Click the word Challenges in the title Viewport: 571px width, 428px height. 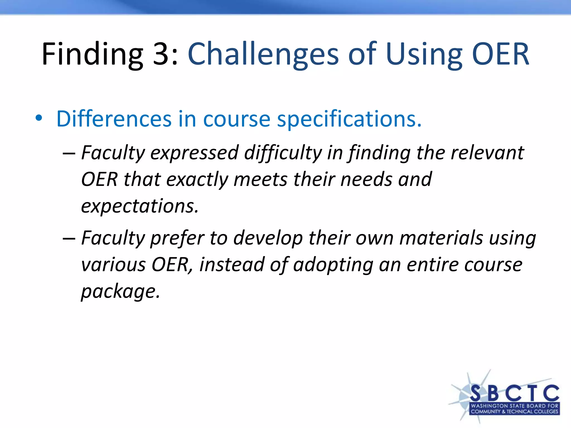pyautogui.click(x=263, y=54)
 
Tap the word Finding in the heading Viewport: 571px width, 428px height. pyautogui.click(x=92, y=54)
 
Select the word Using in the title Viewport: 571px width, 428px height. pyautogui.click(x=424, y=54)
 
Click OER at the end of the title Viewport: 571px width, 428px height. pyautogui.click(x=500, y=54)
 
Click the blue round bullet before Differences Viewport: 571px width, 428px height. pyautogui.click(x=39, y=118)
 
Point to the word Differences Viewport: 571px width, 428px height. pyautogui.click(x=114, y=119)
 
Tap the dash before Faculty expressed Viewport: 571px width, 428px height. pyautogui.click(x=69, y=153)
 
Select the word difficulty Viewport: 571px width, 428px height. pyautogui.click(x=283, y=153)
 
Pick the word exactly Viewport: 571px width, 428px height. pyautogui.click(x=197, y=180)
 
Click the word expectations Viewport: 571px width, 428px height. pyautogui.click(x=140, y=206)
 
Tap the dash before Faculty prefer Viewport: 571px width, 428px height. pyautogui.click(x=69, y=239)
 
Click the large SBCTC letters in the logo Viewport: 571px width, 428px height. pyautogui.click(x=514, y=393)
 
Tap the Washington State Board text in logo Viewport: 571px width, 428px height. pyautogui.click(x=514, y=406)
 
